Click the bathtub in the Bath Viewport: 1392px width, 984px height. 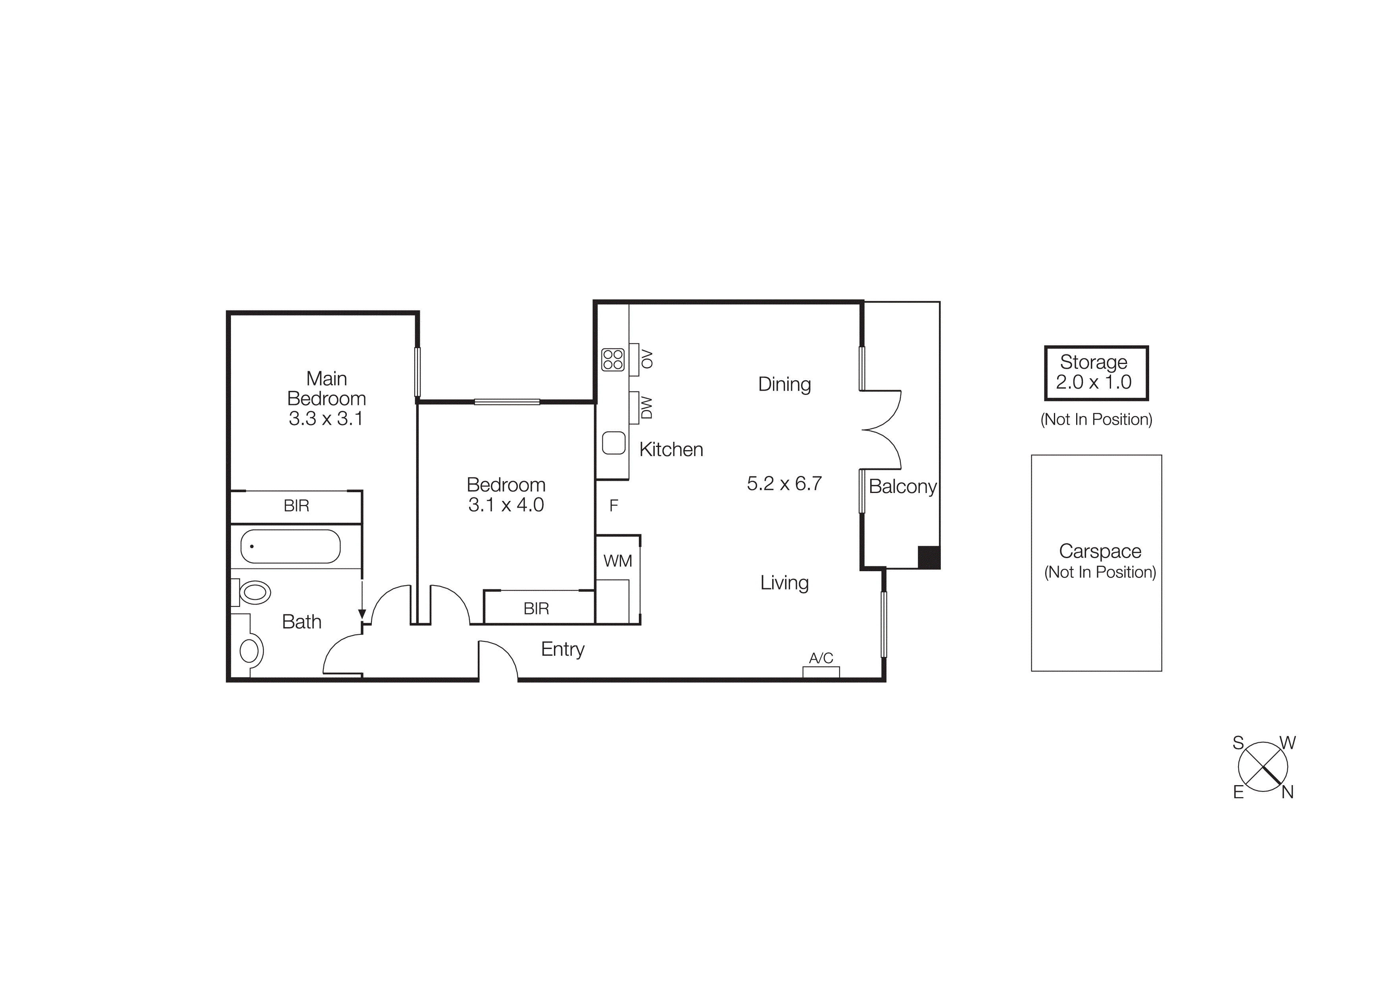click(290, 546)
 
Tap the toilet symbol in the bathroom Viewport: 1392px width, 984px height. click(254, 592)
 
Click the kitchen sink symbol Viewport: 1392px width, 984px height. click(613, 443)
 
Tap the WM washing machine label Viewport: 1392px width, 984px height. click(617, 561)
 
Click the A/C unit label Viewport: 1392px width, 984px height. click(821, 658)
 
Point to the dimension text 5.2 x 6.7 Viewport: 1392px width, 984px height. click(784, 483)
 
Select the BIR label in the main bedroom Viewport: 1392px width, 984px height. click(296, 506)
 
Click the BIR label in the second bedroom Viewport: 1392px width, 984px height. click(536, 609)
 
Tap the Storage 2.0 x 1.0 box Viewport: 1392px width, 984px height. click(1096, 373)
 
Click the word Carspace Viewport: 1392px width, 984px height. click(1100, 551)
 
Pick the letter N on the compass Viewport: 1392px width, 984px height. click(1287, 792)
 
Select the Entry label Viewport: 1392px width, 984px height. click(563, 649)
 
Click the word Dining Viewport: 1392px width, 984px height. click(784, 384)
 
